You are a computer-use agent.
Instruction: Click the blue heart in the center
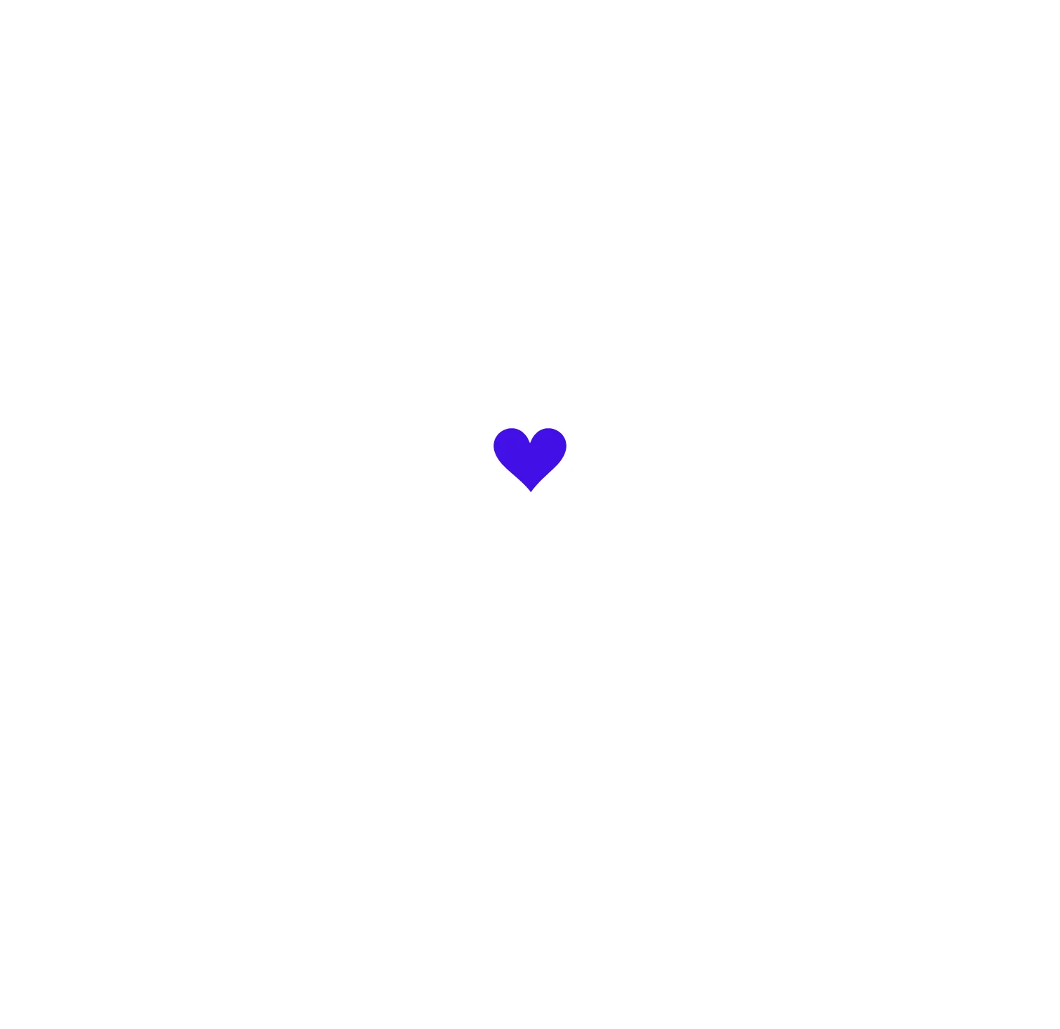pos(530,456)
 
